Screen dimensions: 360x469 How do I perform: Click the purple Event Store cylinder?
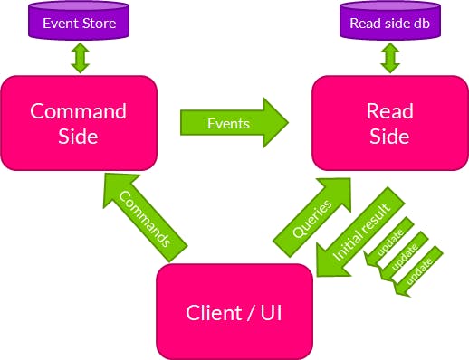(80, 23)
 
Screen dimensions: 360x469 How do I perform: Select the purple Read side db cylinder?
(391, 23)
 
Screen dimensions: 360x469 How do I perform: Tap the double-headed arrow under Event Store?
(80, 60)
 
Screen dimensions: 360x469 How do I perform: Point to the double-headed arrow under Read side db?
(391, 60)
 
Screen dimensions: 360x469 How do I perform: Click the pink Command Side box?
(80, 123)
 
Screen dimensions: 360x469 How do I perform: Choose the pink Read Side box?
(389, 123)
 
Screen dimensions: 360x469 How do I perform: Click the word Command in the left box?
(80, 111)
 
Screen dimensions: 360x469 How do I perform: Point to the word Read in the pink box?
(389, 111)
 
